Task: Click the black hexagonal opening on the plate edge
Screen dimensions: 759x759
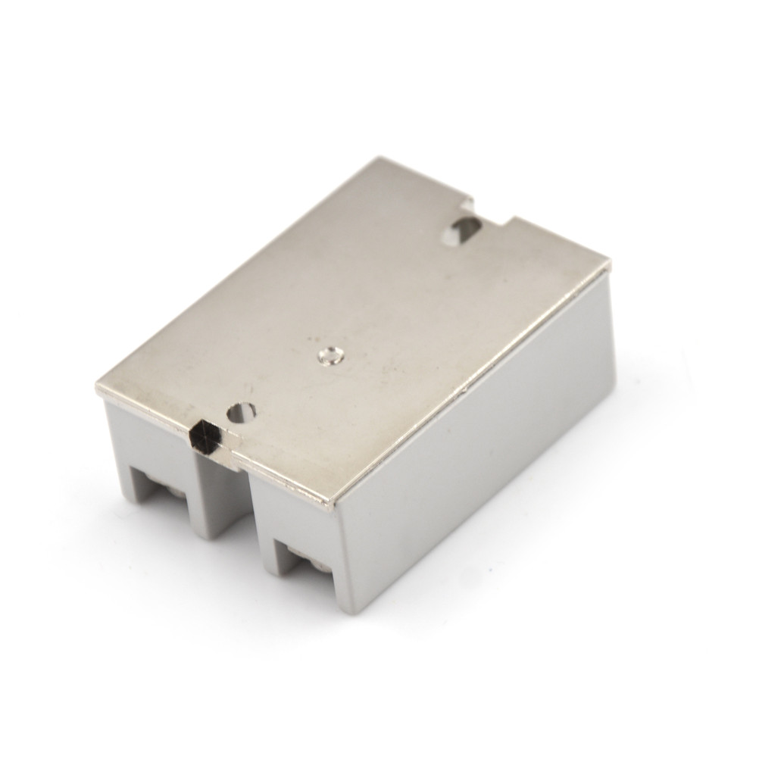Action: click(x=205, y=436)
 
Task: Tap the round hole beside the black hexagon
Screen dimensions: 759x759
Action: click(x=244, y=412)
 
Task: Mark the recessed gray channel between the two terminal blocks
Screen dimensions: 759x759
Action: click(x=221, y=492)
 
